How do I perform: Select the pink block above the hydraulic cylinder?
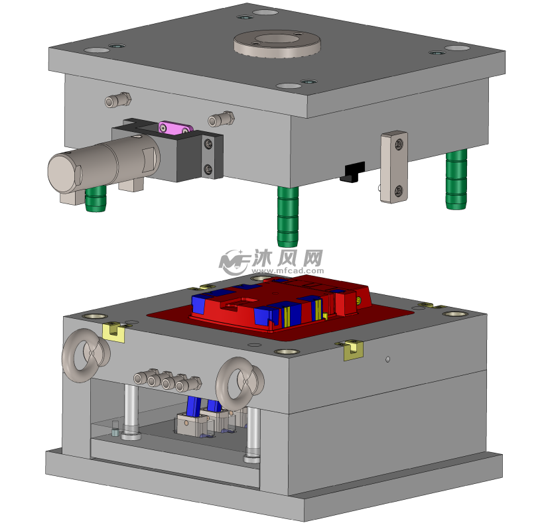click(174, 127)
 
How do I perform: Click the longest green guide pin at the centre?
click(288, 217)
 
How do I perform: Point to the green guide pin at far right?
click(456, 180)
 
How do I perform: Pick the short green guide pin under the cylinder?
click(96, 199)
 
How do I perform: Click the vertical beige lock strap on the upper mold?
click(394, 167)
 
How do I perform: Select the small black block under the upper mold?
click(353, 172)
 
